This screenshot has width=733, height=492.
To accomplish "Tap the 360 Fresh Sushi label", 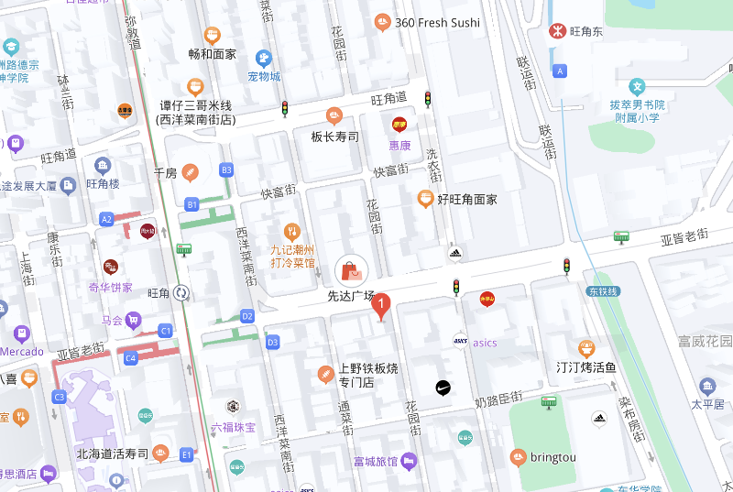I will (x=437, y=22).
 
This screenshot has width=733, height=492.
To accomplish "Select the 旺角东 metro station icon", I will (x=556, y=30).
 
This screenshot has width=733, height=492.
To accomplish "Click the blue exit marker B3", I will (x=226, y=170).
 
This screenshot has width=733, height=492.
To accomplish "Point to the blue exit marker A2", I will (x=106, y=219).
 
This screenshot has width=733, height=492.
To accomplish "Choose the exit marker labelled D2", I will (x=246, y=316).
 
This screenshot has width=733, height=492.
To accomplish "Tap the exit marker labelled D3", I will (x=272, y=343).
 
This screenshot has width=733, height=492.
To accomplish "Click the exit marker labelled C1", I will (x=166, y=330).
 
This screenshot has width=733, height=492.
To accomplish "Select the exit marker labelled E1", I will (x=187, y=454).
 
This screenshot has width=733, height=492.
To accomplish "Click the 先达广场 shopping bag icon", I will (x=352, y=269).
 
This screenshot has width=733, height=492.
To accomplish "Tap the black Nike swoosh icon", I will (x=442, y=388).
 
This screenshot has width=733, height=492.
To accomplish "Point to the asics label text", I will (x=485, y=343).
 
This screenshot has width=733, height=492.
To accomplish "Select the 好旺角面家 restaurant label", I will (x=466, y=199).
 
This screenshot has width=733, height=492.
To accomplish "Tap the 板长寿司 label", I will (x=334, y=137).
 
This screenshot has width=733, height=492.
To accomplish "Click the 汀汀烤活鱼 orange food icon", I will (x=586, y=348).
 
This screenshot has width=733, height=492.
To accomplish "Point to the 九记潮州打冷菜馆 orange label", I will (x=292, y=256).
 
